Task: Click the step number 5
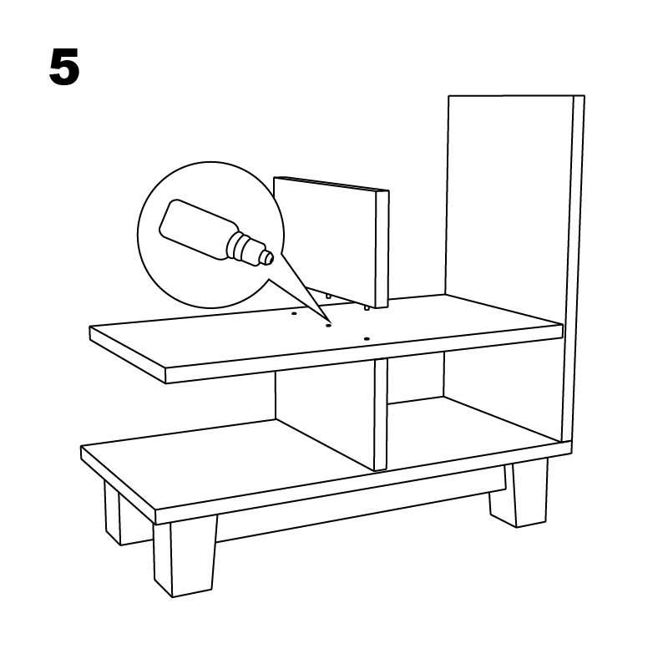click(x=64, y=67)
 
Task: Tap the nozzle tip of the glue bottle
click(x=266, y=257)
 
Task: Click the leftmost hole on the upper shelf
click(x=294, y=313)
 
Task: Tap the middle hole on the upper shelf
click(x=327, y=326)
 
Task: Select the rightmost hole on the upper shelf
click(x=367, y=339)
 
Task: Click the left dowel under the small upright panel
click(x=327, y=297)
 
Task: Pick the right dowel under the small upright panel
click(x=367, y=308)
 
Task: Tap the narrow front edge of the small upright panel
click(x=382, y=249)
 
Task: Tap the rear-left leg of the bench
click(x=112, y=512)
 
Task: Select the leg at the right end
click(x=519, y=493)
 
